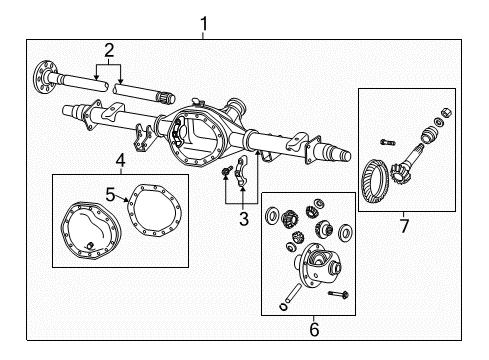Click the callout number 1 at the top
click(x=204, y=21)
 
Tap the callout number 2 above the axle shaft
click(x=108, y=49)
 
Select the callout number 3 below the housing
click(x=242, y=220)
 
